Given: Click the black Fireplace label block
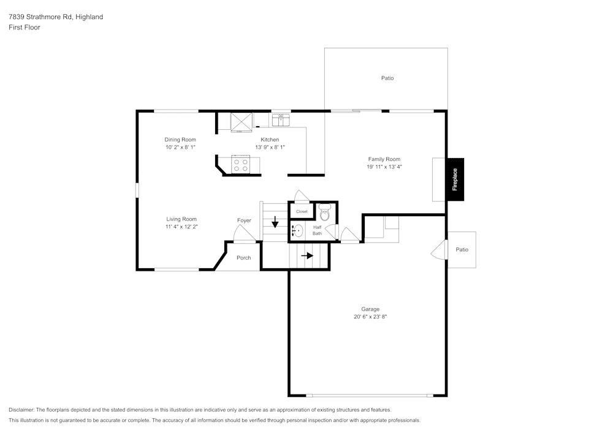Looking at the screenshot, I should pos(455,179).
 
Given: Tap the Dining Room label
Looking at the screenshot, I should pos(180,140).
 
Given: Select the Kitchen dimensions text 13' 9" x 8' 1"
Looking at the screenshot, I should pos(270,148).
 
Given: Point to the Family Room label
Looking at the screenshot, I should pos(384,159).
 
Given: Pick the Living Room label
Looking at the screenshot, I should pos(181,219).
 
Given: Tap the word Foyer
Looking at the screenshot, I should pos(244,220).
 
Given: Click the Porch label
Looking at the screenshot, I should pos(244,258).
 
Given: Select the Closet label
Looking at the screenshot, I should pos(302,212).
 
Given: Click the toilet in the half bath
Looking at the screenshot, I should pos(325,213).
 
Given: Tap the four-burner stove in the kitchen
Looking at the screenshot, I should pos(241,164).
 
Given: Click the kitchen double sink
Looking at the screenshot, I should pos(281,118).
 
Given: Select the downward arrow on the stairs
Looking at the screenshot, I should pos(275,222).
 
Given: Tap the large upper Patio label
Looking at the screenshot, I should pos(387,78).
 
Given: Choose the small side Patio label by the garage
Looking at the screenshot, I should pos(462,250).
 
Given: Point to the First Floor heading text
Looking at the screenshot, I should pos(25,28).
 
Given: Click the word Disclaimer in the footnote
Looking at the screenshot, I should pos(21,410).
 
